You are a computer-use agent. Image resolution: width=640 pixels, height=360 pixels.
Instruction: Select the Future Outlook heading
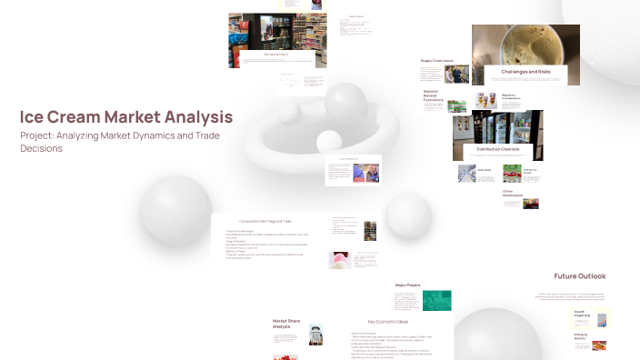tap(579, 276)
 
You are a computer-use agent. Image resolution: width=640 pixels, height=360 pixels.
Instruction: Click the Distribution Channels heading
tap(498, 148)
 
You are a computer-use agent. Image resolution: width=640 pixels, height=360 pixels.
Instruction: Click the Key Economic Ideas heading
tap(387, 322)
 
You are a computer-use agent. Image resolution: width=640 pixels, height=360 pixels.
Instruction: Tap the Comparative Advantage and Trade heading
tap(265, 221)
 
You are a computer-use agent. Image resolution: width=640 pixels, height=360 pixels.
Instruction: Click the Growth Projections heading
tap(578, 314)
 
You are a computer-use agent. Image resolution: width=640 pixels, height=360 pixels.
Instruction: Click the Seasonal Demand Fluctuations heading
tap(433, 96)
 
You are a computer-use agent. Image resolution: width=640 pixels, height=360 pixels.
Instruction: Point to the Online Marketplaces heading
tap(513, 194)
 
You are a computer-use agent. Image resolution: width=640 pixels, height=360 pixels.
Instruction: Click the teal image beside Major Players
tap(437, 301)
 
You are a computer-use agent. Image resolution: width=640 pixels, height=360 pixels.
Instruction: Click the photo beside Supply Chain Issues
tap(457, 74)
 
